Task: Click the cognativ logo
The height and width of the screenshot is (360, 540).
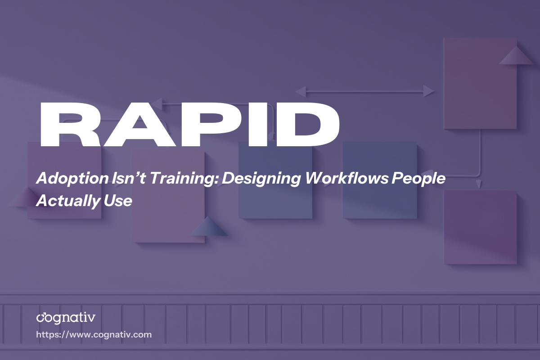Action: pos(66,318)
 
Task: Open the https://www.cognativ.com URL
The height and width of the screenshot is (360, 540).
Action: pos(94,335)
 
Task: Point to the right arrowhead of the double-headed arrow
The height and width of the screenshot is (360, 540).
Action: pos(429,92)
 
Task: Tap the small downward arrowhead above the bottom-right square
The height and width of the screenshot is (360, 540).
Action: pos(479,184)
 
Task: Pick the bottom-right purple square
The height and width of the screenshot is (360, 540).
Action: pos(480,227)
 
